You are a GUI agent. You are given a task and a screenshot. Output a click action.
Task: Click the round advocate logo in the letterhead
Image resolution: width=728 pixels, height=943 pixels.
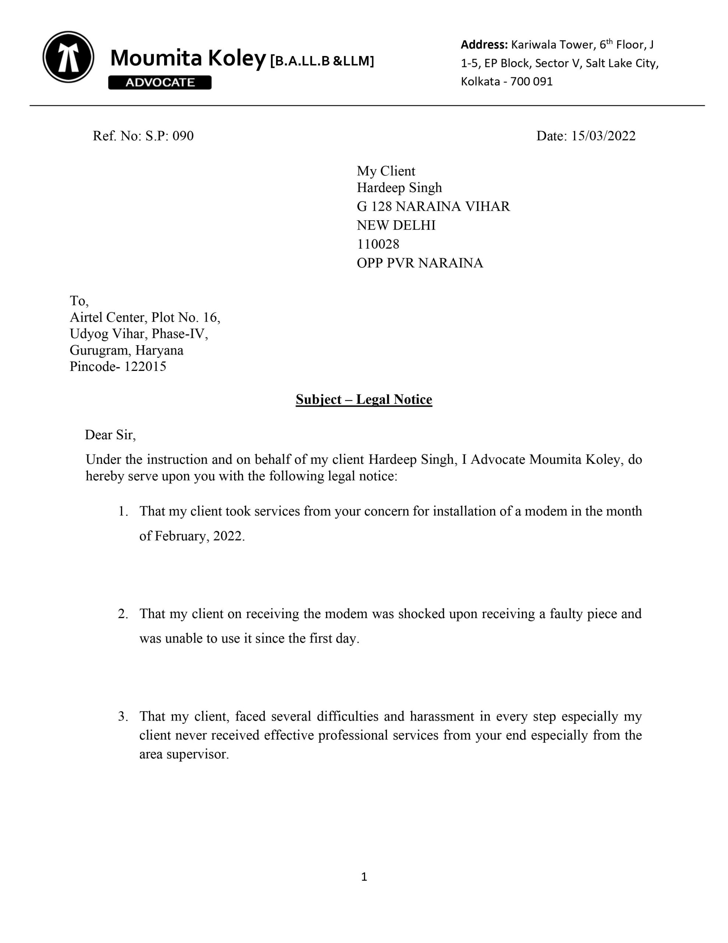coord(68,57)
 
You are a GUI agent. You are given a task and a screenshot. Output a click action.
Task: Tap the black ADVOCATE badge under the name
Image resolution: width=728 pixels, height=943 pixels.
coord(160,83)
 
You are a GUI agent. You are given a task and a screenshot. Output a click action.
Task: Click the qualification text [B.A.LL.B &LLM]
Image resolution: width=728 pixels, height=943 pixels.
coord(322,61)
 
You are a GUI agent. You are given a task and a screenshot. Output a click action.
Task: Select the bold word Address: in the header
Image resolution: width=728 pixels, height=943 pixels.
coord(484,45)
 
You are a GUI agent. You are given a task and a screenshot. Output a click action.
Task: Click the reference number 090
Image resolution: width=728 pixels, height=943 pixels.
coord(183,136)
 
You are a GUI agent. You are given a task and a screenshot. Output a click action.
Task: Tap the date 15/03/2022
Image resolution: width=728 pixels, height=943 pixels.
coord(603,136)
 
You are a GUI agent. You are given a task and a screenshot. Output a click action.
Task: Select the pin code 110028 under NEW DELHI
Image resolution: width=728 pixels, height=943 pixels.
coord(378,244)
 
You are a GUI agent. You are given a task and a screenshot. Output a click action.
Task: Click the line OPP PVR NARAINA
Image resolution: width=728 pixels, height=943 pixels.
coord(420,263)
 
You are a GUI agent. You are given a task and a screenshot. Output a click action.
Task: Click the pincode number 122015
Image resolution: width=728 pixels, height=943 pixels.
coord(145,366)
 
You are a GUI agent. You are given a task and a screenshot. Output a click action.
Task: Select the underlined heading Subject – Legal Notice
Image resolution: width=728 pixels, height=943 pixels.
coord(364,399)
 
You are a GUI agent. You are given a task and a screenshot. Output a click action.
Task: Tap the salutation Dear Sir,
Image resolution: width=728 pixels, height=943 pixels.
coord(110,434)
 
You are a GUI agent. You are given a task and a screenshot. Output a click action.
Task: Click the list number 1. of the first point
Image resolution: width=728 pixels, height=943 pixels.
coord(123,511)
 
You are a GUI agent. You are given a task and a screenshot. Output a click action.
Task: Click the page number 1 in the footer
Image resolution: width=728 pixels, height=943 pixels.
coord(364,876)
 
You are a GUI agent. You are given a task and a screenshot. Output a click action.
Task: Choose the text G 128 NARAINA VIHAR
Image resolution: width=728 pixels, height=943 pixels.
coord(433,206)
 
